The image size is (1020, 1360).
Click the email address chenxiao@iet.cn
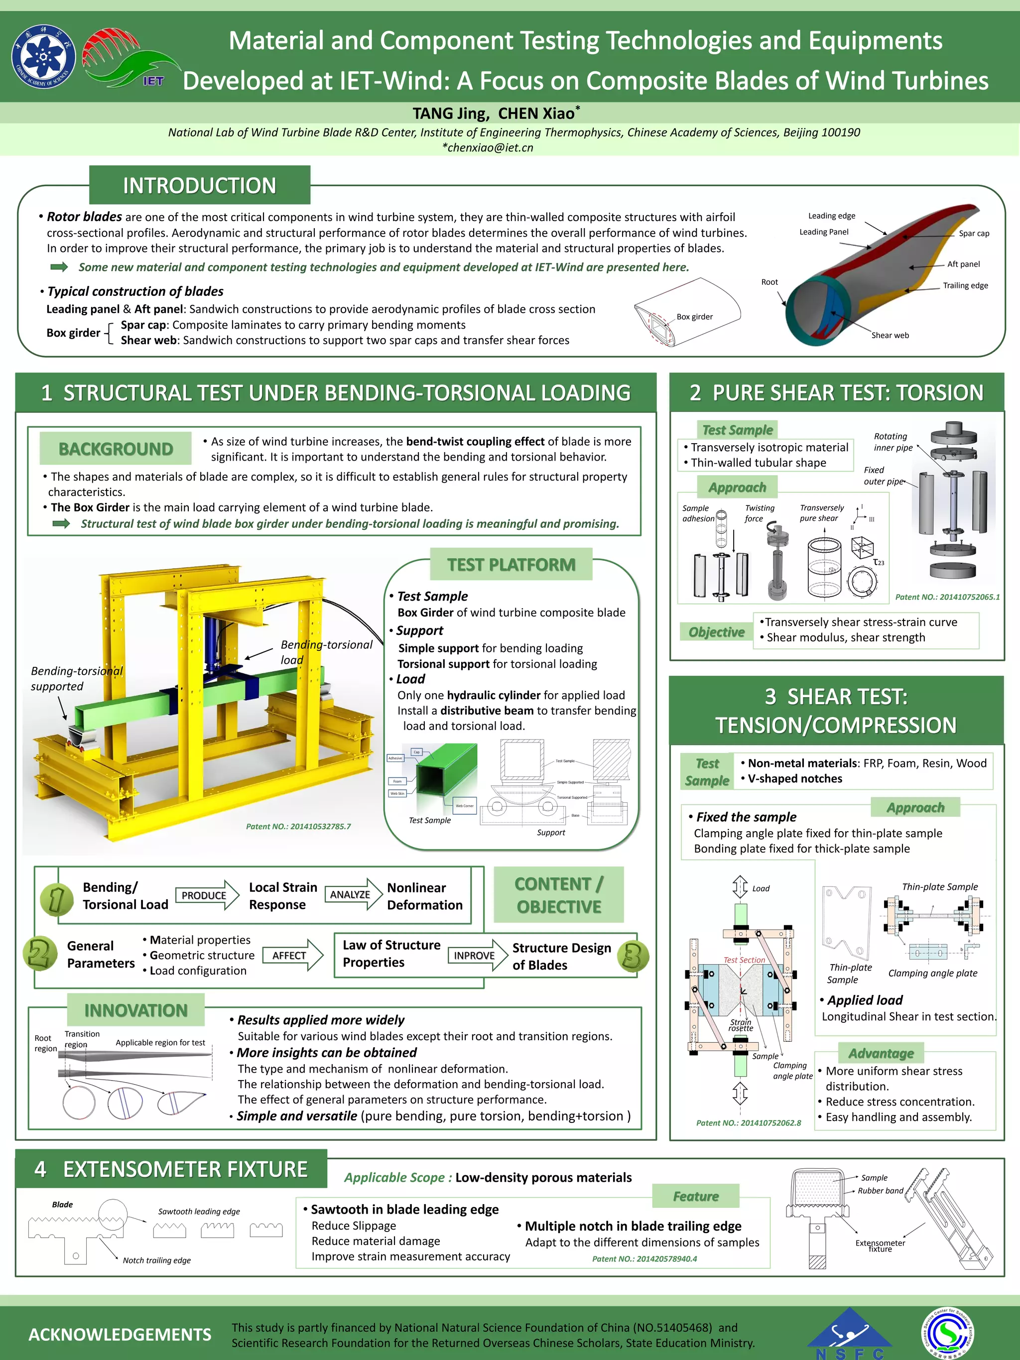coord(488,147)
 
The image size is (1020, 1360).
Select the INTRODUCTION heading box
coord(199,185)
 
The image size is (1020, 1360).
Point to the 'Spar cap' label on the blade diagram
coord(974,234)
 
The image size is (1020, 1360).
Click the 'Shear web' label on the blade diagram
coord(890,335)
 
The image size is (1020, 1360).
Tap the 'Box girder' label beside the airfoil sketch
coord(695,317)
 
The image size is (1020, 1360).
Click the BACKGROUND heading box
coord(116,449)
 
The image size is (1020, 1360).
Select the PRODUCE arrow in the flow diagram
coord(207,895)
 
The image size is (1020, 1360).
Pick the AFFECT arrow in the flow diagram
coord(292,956)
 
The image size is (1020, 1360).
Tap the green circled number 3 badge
coord(633,956)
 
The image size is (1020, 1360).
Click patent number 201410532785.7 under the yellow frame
coord(298,826)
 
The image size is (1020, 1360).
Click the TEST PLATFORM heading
coord(511,564)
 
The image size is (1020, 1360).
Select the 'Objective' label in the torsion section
coord(716,632)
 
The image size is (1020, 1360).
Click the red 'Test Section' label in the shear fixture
coord(744,960)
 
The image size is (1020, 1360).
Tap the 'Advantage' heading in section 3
coord(881,1053)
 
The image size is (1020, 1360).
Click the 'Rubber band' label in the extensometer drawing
coord(881,1190)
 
